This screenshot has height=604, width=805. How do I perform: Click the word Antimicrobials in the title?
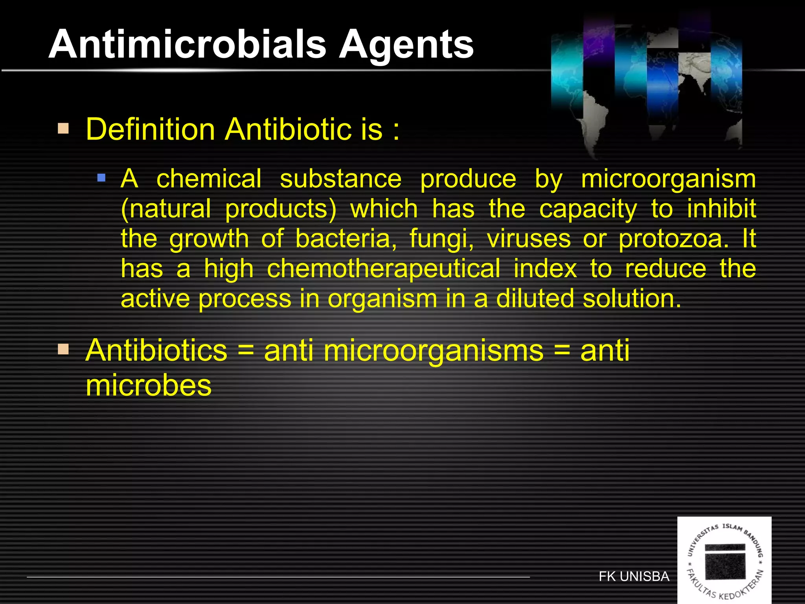pos(187,44)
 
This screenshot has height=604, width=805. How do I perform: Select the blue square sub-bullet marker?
pos(101,178)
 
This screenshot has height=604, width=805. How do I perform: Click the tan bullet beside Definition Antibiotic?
pos(63,129)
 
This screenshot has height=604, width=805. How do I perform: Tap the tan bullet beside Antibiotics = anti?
pos(63,349)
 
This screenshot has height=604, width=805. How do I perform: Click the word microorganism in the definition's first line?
pos(668,179)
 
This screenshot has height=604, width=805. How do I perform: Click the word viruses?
pos(529,239)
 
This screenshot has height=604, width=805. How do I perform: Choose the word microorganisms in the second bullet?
pos(434,351)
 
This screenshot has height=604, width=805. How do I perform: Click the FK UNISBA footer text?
pos(634,576)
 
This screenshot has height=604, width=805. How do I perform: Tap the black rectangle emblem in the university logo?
pos(725,562)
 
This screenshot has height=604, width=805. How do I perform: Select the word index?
pos(545,269)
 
